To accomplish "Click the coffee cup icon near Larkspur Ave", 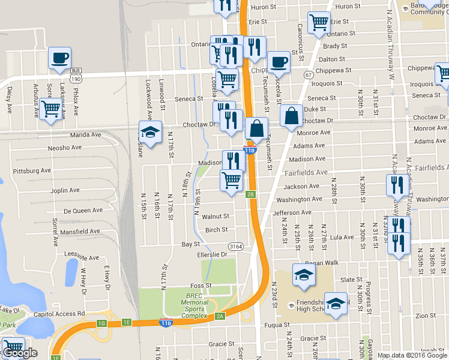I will coord(59,58).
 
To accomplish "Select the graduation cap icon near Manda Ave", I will coord(150,132).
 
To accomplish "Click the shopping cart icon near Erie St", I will coord(319,23).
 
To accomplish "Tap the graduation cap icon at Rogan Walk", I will coord(304,275).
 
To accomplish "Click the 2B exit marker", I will coord(251,194).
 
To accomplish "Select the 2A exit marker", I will coord(220,316).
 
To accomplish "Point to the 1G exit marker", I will coord(101,324).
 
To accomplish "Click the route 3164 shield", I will coord(235,246).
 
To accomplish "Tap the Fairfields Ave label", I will coord(306,172).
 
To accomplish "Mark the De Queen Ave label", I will coord(83,211).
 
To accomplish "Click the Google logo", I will coord(20,353).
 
